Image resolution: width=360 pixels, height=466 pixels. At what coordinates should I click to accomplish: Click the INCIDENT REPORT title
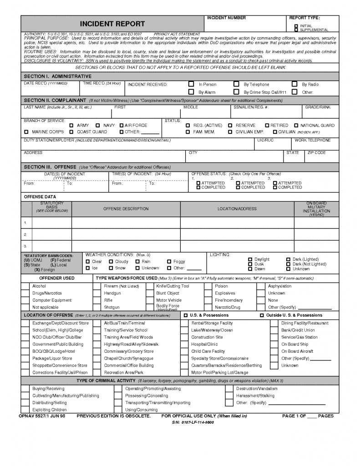(112, 24)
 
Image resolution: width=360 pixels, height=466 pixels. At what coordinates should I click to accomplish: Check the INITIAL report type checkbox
(296, 26)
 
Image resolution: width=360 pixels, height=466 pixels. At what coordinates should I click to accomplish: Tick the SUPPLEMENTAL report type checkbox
(296, 30)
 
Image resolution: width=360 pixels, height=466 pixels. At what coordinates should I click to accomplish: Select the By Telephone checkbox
(236, 84)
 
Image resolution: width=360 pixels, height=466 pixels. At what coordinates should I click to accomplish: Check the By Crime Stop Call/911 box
(236, 92)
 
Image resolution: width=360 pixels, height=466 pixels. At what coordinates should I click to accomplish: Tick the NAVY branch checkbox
(98, 125)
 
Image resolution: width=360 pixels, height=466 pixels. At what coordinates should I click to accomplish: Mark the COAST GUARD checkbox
(71, 132)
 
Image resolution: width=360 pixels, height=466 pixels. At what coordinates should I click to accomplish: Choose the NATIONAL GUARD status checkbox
(296, 125)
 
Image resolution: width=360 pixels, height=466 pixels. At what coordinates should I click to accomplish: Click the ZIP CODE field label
(317, 153)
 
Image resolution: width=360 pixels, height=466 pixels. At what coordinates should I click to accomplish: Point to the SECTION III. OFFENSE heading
(50, 167)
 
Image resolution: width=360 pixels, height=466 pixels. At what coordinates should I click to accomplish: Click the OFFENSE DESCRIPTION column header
(126, 209)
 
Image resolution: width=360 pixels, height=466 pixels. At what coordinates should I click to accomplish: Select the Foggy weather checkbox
(169, 262)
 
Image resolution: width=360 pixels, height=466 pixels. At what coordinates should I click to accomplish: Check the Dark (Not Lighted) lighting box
(289, 264)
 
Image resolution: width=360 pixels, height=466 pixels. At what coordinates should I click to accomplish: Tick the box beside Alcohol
(25, 286)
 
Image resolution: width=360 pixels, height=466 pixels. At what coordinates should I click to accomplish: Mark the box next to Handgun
(97, 294)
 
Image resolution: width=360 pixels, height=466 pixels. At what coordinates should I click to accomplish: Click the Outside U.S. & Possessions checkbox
(262, 315)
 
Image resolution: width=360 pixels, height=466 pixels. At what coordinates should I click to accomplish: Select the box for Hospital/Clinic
(186, 344)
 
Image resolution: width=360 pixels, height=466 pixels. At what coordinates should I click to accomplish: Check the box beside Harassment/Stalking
(229, 396)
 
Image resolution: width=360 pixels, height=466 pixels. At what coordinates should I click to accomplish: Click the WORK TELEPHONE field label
(313, 140)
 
